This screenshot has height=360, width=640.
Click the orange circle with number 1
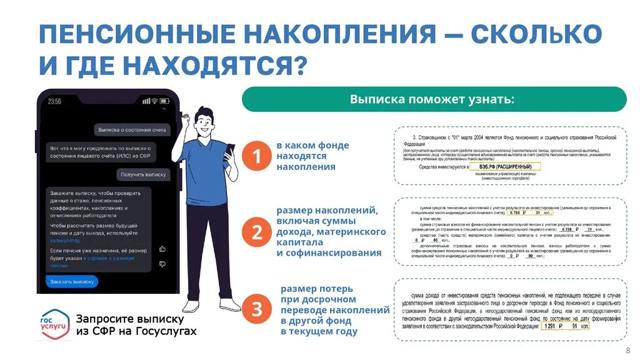[256, 156]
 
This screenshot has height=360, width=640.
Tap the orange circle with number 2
[256, 232]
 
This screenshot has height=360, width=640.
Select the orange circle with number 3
[256, 309]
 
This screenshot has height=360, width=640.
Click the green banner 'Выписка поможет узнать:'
[433, 99]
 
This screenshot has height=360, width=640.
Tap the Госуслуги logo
[54, 324]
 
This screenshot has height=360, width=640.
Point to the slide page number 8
[627, 350]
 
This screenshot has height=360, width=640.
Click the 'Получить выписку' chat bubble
[143, 175]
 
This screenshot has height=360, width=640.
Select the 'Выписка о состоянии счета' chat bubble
[132, 130]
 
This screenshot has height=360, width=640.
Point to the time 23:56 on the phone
[54, 101]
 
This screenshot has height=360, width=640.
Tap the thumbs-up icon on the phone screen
[162, 248]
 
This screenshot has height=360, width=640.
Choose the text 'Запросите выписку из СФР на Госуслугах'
[136, 324]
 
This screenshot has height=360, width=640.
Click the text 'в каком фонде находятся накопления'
[312, 156]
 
